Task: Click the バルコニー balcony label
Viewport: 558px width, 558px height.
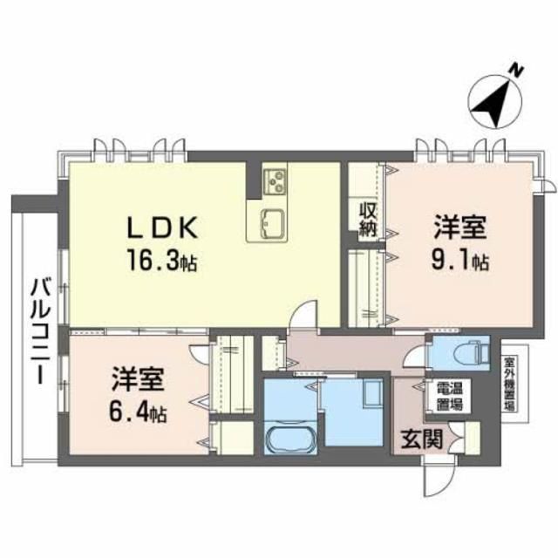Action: [41, 331]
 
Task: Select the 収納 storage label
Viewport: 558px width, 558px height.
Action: [368, 220]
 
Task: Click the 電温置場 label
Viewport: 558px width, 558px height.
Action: [450, 397]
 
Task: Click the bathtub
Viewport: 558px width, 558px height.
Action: [290, 439]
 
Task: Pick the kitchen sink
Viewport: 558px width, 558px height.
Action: [273, 223]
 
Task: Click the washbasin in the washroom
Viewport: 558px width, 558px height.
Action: [372, 393]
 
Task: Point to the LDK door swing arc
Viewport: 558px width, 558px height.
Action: [303, 313]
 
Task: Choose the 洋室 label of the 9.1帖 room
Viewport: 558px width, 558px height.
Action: [459, 228]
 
